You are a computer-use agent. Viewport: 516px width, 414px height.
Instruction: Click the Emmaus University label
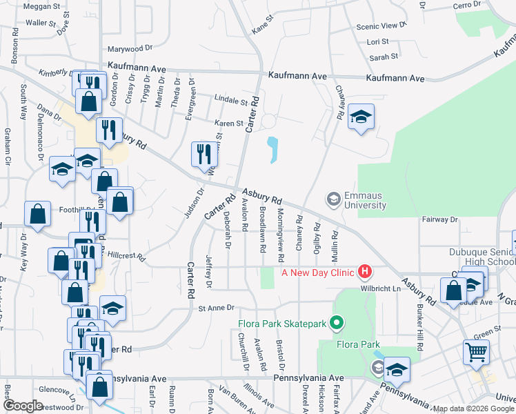coord(366,200)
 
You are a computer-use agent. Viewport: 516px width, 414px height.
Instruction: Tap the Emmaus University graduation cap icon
coord(333,200)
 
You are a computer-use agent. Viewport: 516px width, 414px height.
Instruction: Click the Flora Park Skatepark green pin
coord(337,322)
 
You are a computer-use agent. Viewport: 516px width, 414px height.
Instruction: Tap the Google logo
coord(22,406)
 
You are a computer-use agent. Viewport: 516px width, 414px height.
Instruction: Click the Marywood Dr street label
coord(130,49)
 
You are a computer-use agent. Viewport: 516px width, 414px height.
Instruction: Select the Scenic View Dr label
coord(381,26)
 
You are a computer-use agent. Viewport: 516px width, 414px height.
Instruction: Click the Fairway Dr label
coord(440,219)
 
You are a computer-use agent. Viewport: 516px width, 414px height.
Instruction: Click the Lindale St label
coord(230,101)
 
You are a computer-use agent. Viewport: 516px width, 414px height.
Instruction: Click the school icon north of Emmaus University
coord(360,117)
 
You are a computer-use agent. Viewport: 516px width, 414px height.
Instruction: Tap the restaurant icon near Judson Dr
coord(202,153)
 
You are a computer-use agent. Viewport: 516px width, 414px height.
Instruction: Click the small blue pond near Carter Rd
coord(272,150)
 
